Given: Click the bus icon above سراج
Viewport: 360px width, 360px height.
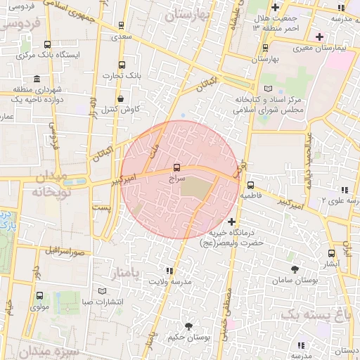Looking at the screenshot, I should pyautogui.click(x=176, y=169).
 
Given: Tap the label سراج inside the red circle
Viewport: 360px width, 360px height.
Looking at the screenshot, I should pyautogui.click(x=176, y=180).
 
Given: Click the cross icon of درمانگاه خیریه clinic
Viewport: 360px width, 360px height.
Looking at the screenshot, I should pyautogui.click(x=232, y=222).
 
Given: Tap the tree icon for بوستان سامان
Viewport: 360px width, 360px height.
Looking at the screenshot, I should pyautogui.click(x=294, y=269).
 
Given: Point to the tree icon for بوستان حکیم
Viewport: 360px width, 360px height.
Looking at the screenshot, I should pyautogui.click(x=188, y=326).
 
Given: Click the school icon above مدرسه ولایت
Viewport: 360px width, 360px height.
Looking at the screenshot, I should pyautogui.click(x=169, y=271).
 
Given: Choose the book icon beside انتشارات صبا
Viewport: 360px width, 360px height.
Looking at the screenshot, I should pyautogui.click(x=103, y=291).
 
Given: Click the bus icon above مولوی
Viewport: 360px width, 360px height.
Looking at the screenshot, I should pyautogui.click(x=39, y=296).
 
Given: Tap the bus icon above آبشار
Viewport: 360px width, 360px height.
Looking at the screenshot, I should pyautogui.click(x=331, y=253).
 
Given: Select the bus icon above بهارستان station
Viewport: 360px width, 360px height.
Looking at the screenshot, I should pyautogui.click(x=265, y=48).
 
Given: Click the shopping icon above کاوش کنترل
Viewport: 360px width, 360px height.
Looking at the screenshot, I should pyautogui.click(x=122, y=98).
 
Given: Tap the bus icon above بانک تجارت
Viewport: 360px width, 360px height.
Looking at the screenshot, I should pyautogui.click(x=122, y=64).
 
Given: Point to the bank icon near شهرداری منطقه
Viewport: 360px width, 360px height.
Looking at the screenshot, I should pyautogui.click(x=17, y=90).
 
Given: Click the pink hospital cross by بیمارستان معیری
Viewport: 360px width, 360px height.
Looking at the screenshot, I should pyautogui.click(x=320, y=37).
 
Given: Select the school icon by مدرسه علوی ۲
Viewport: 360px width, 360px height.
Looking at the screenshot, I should pyautogui.click(x=345, y=190).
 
